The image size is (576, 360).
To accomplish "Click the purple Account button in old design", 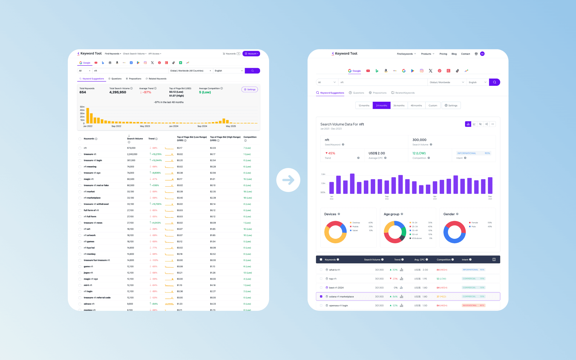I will tap(251, 54).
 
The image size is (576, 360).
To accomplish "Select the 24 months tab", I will tap(381, 106).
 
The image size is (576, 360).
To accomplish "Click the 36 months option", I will tap(399, 106).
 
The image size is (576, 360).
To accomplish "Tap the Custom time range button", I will tap(433, 106).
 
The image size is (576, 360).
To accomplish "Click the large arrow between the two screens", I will tap(288, 180).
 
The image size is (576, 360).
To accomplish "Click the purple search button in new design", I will tap(494, 82).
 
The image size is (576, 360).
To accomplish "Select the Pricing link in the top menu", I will tap(443, 54).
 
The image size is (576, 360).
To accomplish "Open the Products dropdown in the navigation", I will tap(427, 54).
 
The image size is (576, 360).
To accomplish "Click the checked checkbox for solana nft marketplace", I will tap(321, 296).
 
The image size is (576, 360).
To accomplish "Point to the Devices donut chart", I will tap(335, 232).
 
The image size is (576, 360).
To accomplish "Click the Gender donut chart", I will tap(454, 232).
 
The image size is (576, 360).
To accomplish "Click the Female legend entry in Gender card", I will tap(474, 223).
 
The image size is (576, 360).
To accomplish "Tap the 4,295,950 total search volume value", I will tap(118, 92).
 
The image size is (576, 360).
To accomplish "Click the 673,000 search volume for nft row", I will tap(131, 148).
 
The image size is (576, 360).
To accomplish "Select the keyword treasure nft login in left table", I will tap(93, 160).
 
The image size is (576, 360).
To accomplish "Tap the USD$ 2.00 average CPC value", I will tap(376, 153).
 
